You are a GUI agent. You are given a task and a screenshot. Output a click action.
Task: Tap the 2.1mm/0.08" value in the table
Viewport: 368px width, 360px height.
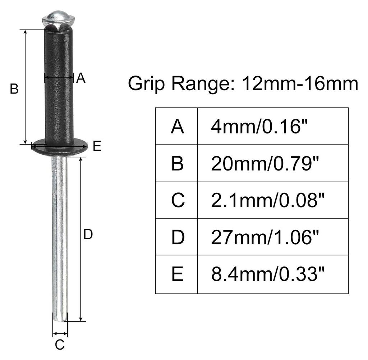tap(268, 200)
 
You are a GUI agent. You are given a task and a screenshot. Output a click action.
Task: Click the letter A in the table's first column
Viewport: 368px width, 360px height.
tap(178, 127)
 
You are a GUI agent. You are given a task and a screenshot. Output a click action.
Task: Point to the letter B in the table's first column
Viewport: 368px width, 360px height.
tap(178, 163)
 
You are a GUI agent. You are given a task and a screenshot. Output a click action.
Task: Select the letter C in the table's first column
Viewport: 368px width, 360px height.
tap(178, 200)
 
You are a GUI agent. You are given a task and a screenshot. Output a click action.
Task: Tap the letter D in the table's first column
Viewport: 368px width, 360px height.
tap(178, 237)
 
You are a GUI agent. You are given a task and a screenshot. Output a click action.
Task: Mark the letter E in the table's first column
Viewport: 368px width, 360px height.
tap(178, 274)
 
